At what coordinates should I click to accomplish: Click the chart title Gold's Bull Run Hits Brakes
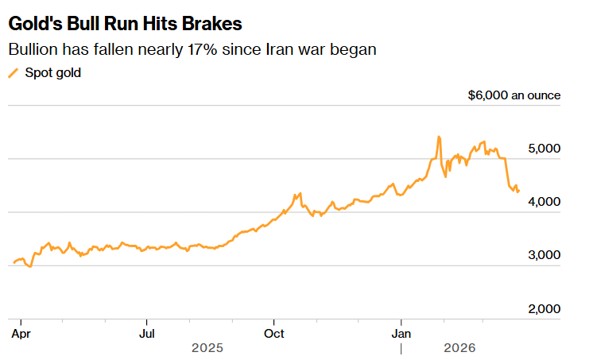click(126, 23)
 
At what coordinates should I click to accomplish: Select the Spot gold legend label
click(53, 73)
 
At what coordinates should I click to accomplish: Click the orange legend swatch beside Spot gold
click(12, 73)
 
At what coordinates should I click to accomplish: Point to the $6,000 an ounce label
click(514, 95)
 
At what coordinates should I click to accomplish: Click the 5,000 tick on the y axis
click(545, 149)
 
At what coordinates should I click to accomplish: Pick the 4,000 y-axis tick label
click(545, 202)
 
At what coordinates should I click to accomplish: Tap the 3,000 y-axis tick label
click(545, 255)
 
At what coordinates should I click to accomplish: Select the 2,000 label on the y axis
click(545, 308)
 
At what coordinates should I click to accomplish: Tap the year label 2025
click(207, 348)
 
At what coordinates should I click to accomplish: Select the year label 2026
click(459, 348)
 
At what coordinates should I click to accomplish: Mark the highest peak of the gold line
click(439, 137)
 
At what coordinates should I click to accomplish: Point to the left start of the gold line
click(14, 263)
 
